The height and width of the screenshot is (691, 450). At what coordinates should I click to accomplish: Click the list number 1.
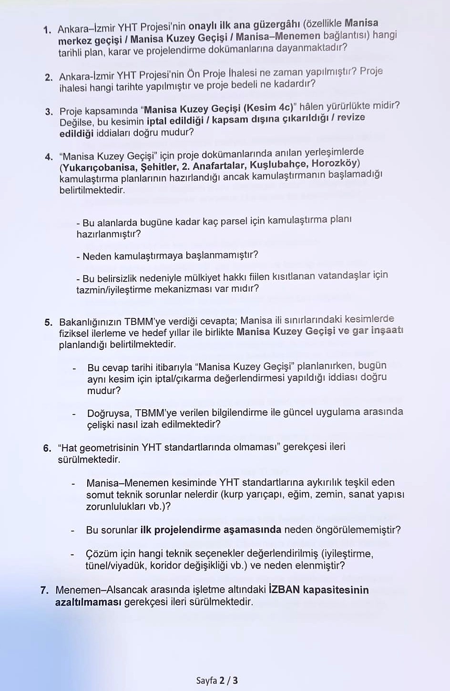tap(47, 30)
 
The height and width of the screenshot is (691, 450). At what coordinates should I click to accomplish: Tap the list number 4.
tap(49, 157)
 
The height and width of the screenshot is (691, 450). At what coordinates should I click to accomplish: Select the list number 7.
tap(44, 590)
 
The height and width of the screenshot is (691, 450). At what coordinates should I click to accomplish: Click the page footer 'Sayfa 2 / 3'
tap(217, 680)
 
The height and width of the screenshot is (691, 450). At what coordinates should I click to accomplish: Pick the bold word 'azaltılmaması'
tap(88, 602)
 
